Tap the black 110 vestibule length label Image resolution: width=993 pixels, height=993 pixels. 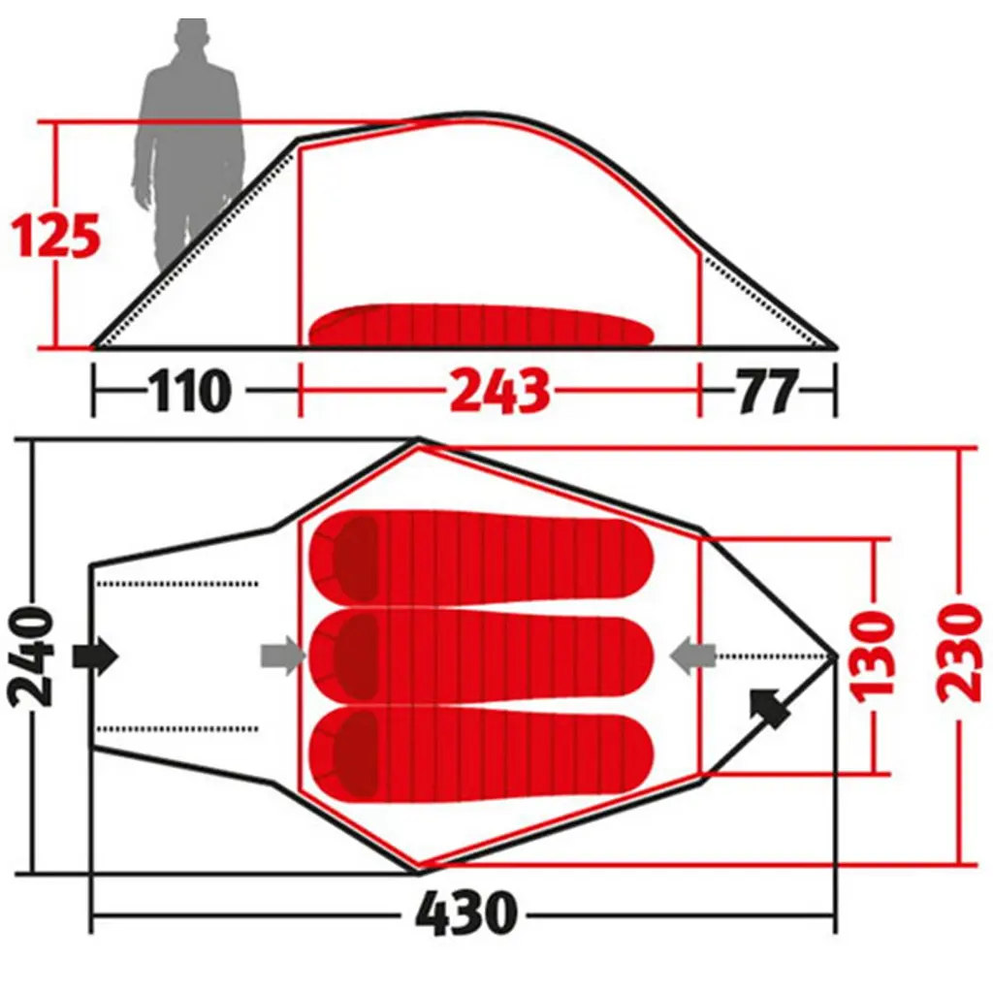pyautogui.click(x=190, y=391)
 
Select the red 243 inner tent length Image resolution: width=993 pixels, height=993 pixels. pyautogui.click(x=500, y=391)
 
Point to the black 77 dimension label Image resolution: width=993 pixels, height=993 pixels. pyautogui.click(x=767, y=391)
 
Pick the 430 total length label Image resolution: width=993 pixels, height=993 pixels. pyautogui.click(x=466, y=913)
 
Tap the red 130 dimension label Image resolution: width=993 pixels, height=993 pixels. pyautogui.click(x=875, y=657)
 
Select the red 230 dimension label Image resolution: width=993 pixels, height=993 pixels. pyautogui.click(x=960, y=653)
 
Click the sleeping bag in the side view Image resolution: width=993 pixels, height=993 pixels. pyautogui.click(x=481, y=325)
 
